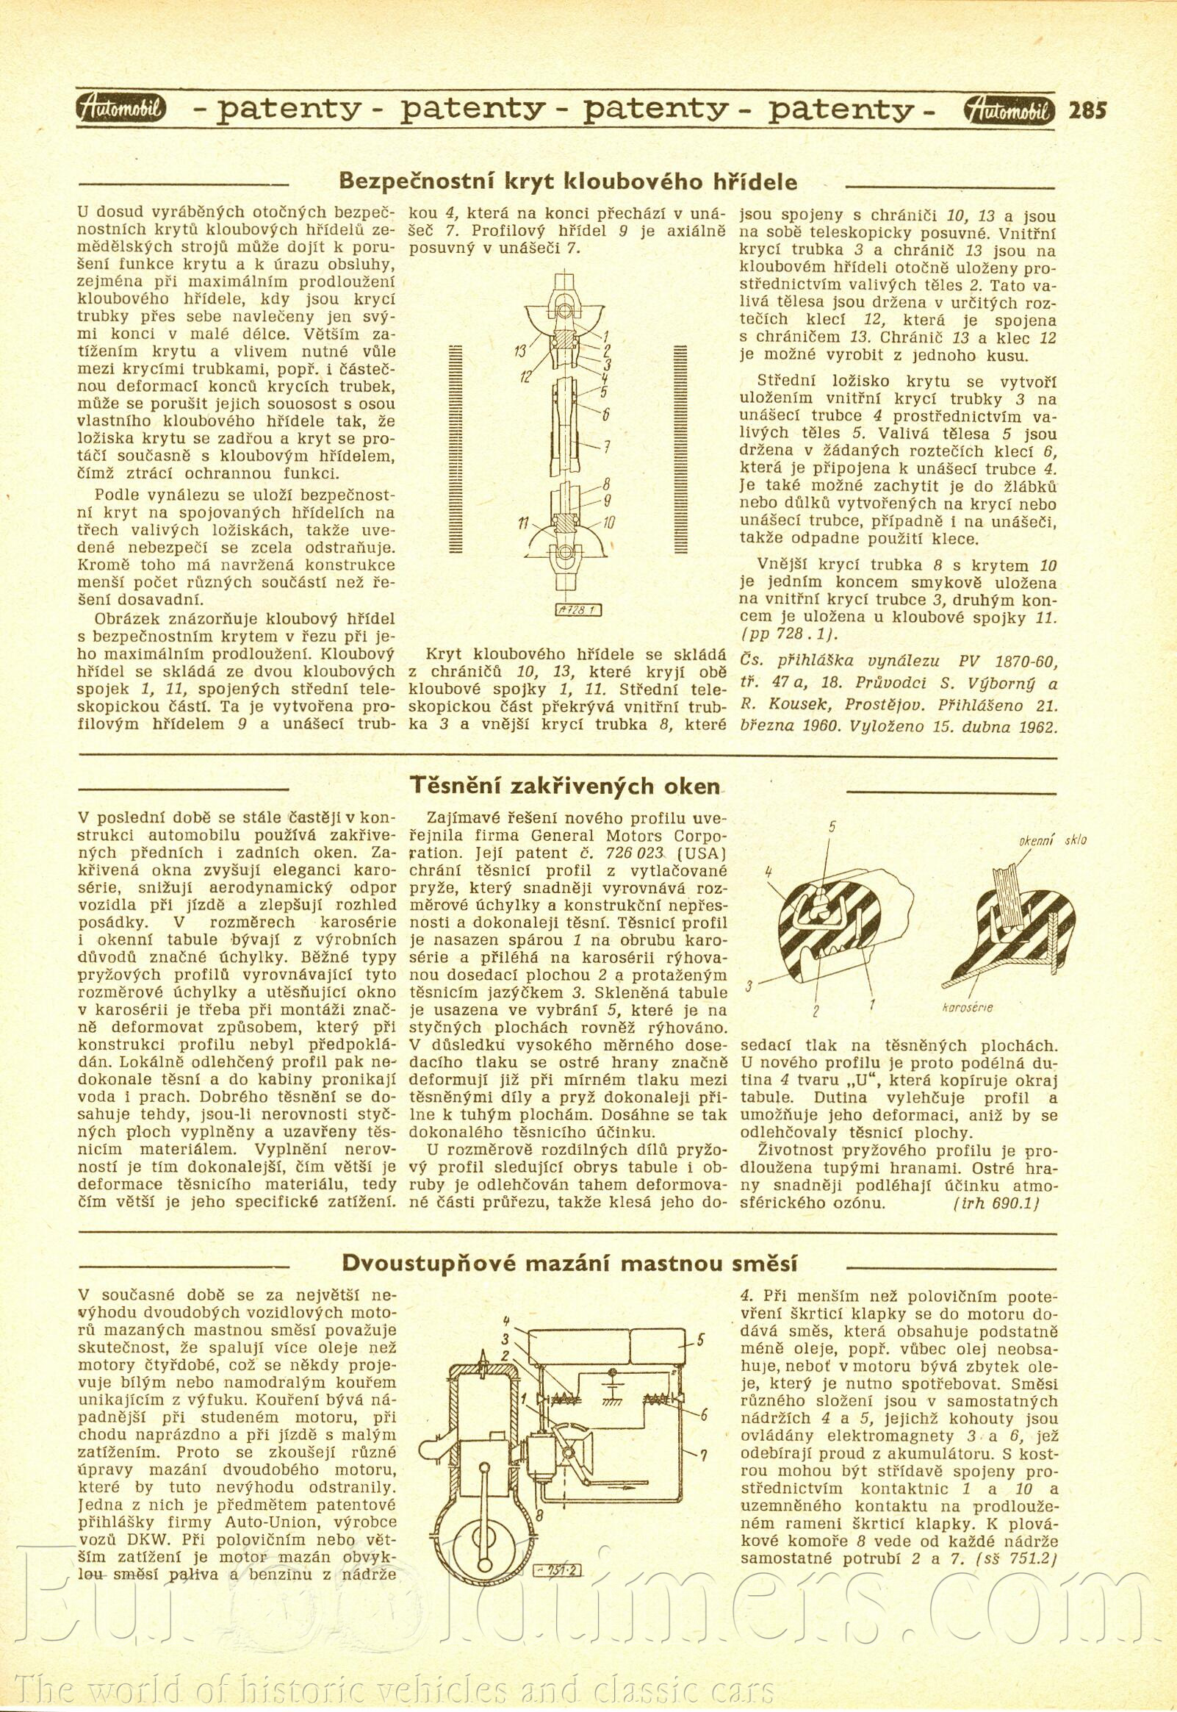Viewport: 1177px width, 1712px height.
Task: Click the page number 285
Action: pos(1088,110)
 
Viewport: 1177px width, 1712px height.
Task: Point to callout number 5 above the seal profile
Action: pos(832,827)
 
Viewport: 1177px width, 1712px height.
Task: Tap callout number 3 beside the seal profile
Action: pos(748,986)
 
